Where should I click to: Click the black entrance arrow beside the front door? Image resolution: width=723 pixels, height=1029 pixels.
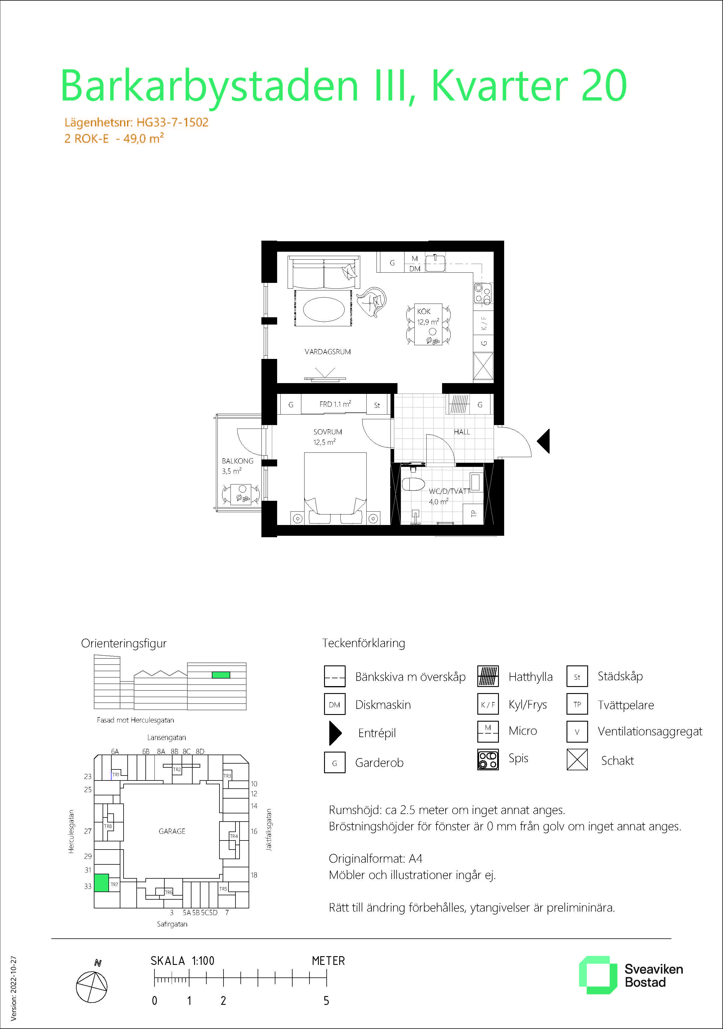544,441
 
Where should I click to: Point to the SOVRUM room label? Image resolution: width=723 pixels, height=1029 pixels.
328,432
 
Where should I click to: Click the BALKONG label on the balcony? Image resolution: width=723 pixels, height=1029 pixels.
238,461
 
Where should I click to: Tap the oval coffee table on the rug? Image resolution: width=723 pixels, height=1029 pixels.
324,309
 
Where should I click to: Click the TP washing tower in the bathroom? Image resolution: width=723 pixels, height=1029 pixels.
473,514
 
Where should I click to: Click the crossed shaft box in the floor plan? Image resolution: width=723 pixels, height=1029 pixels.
483,367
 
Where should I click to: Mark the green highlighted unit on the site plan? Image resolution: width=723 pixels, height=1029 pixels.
101,882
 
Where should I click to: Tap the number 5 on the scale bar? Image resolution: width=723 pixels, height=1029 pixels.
326,1001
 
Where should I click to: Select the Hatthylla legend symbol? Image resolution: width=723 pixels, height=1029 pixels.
488,676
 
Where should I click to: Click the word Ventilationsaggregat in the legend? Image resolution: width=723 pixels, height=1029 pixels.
650,732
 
